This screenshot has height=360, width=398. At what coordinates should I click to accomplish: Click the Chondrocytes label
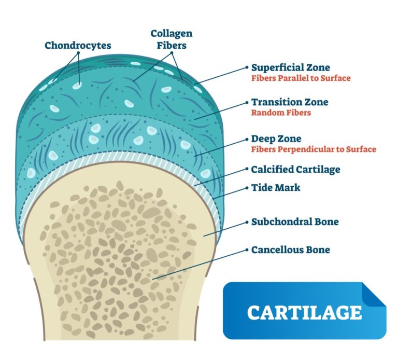[77, 45]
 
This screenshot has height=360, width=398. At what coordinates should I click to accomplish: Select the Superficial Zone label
[290, 67]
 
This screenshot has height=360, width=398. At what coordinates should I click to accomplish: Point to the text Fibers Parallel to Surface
[301, 78]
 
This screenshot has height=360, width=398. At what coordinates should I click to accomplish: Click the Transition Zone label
[290, 102]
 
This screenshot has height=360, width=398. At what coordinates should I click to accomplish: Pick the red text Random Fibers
[281, 113]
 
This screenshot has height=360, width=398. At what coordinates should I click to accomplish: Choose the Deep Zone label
[276, 139]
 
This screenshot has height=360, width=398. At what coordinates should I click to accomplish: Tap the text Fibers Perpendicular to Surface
[314, 149]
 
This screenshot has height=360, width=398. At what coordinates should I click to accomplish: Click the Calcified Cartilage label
[295, 169]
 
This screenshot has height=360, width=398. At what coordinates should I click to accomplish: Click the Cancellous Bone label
[290, 250]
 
